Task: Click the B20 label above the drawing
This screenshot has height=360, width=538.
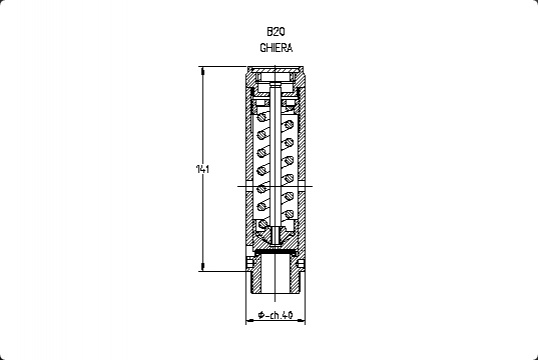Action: (x=276, y=32)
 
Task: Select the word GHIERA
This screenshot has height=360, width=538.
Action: (x=276, y=48)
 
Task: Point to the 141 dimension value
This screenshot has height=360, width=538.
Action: (x=202, y=169)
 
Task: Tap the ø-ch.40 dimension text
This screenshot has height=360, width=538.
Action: (x=276, y=315)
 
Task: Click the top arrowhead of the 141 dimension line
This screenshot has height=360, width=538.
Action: (x=202, y=70)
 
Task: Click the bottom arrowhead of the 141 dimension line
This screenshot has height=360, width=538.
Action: (x=202, y=267)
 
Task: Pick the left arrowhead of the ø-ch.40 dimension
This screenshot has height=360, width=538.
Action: (x=250, y=321)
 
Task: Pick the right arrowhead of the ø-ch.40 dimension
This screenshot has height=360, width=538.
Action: (x=301, y=321)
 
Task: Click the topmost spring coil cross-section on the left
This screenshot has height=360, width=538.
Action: (x=262, y=117)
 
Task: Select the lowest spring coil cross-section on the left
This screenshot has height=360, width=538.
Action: (x=262, y=224)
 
